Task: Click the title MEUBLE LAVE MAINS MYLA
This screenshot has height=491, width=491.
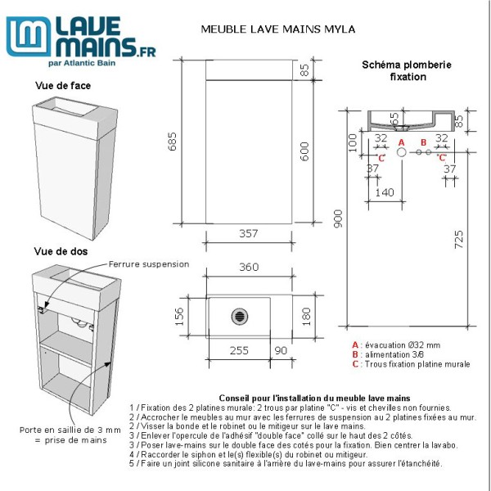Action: coord(277,29)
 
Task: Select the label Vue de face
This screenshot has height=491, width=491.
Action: coord(63,85)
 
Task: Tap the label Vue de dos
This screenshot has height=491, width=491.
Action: coord(61,251)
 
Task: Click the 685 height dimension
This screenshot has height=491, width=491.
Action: coord(172,143)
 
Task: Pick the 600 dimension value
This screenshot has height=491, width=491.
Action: coord(304,152)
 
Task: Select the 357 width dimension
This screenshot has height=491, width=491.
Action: coord(248,234)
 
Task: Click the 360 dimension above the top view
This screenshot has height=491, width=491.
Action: coord(249,267)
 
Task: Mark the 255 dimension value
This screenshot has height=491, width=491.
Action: coord(238,350)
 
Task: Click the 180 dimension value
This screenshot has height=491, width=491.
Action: coord(306,315)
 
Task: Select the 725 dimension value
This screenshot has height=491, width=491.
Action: coord(459,238)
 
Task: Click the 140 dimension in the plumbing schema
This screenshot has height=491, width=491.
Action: coord(384,192)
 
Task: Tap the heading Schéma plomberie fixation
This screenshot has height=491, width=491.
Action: coord(407,70)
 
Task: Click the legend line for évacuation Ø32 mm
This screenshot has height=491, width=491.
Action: coord(396,345)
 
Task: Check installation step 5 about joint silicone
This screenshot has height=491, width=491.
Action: coord(286,463)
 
